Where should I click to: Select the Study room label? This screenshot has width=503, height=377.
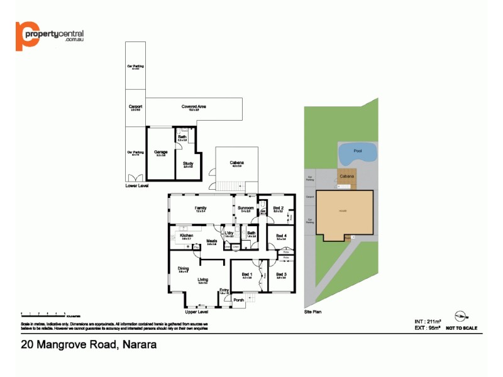coord(187,164)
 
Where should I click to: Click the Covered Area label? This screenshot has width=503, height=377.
coord(194,107)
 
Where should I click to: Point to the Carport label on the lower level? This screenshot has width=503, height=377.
coord(135,107)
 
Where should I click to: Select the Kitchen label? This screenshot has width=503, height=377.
coord(186,235)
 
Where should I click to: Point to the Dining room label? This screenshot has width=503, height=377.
coord(183,268)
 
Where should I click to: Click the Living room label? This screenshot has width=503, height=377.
coord(202,280)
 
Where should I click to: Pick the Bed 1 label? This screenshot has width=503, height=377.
coord(247,274)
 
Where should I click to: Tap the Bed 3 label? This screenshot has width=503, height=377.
coord(281,274)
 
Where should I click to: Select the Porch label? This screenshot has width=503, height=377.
coord(238,300)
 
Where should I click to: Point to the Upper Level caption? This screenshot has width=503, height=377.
coord(196,311)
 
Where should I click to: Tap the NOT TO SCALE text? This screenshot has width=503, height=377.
coord(462,328)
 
